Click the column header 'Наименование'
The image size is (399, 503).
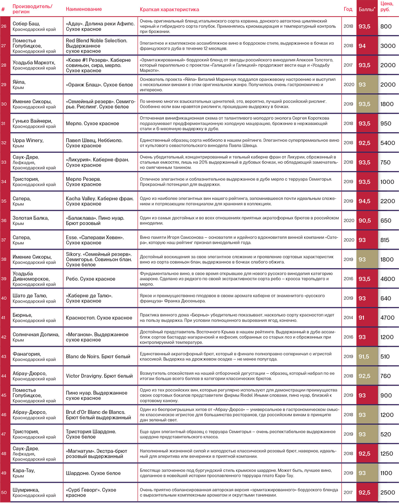click(x=84, y=9)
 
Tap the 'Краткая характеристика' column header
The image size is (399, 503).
click(x=169, y=10)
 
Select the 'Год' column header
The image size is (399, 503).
click(x=348, y=9)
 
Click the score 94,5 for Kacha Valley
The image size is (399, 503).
click(x=364, y=201)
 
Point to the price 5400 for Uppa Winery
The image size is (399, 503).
click(x=388, y=143)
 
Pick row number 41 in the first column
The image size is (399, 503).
click(x=4, y=317)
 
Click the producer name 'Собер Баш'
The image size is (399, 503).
click(x=26, y=24)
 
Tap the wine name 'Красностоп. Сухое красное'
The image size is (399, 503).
click(x=99, y=318)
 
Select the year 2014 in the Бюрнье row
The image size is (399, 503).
click(x=348, y=318)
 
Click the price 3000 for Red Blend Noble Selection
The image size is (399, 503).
click(x=388, y=46)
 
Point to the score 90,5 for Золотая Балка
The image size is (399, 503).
click(x=364, y=221)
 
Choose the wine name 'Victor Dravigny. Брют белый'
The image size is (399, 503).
click(x=99, y=376)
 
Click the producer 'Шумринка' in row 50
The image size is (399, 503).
click(x=26, y=490)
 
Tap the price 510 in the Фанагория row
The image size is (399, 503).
click(x=385, y=356)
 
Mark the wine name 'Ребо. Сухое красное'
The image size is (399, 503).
click(x=90, y=279)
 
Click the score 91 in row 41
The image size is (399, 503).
click(x=361, y=318)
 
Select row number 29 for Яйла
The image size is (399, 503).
click(x=4, y=85)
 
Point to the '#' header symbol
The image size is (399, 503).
click(x=3, y=10)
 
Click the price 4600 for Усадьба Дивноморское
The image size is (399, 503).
click(x=388, y=279)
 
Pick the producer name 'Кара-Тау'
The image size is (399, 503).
click(x=24, y=470)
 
